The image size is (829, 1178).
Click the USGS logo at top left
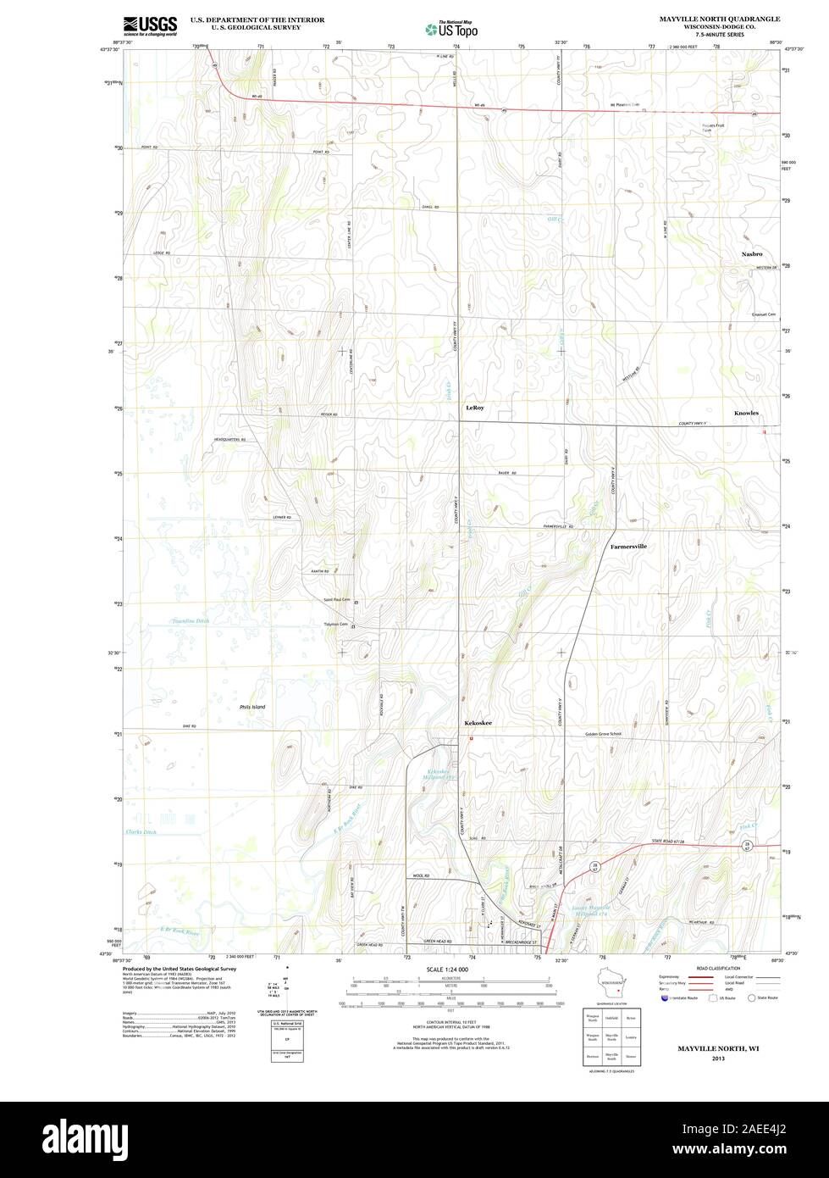[x=150, y=25]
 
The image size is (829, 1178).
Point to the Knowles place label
[x=746, y=414]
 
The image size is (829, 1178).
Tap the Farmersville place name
[x=628, y=547]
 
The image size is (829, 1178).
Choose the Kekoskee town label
[x=478, y=723]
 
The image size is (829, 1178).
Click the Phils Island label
[x=252, y=707]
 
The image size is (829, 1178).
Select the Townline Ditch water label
[x=191, y=621]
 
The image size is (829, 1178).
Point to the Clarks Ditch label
[x=141, y=832]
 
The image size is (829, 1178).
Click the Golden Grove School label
[x=603, y=734]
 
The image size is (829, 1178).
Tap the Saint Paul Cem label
[x=335, y=600]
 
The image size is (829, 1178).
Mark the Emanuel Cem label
[x=764, y=314]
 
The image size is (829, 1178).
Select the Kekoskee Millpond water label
[x=442, y=774]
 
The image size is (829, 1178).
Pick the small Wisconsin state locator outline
[x=614, y=986]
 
